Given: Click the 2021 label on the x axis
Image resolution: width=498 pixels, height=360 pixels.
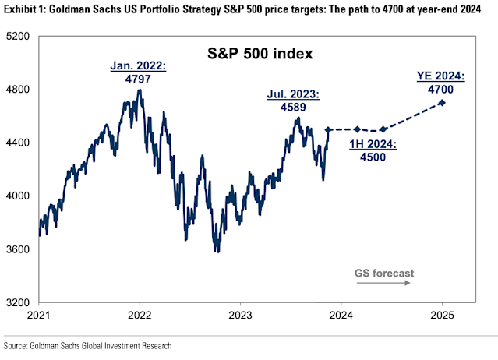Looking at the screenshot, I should click(x=39, y=316).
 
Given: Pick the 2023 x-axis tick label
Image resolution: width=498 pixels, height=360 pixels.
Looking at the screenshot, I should click(x=239, y=316).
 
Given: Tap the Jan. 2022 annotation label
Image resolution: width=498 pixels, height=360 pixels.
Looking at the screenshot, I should click(x=140, y=66).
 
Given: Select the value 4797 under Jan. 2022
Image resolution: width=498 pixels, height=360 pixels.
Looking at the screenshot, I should click(x=140, y=79).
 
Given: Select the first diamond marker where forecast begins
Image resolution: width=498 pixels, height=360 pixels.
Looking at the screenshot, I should click(x=328, y=130).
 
